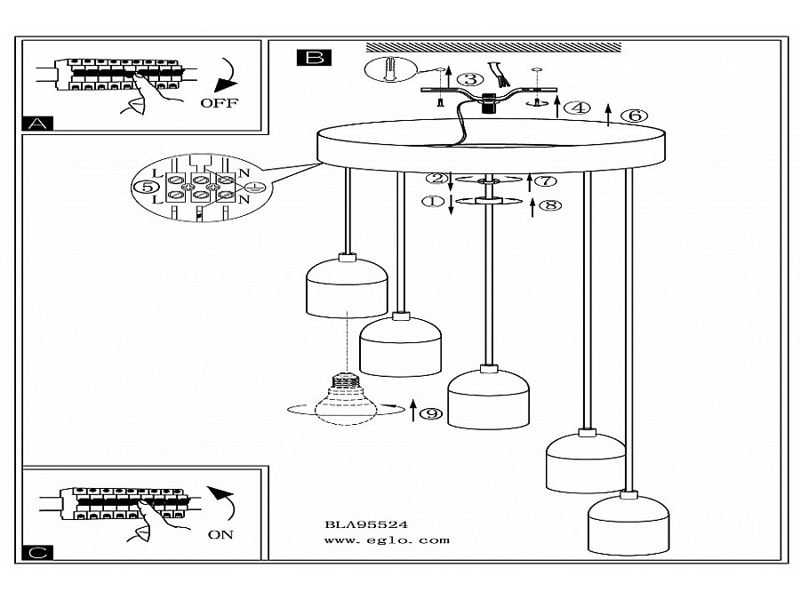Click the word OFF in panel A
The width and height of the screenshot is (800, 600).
[219, 103]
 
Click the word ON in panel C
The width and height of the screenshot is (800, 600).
[220, 535]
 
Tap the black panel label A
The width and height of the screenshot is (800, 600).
[37, 124]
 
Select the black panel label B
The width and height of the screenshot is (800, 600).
[314, 58]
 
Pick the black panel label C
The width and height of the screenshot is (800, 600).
[37, 553]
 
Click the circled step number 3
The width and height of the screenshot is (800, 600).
[470, 80]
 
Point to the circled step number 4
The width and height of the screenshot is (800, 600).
[578, 108]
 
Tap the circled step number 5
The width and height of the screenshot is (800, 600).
[147, 187]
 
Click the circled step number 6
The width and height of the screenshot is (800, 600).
[634, 116]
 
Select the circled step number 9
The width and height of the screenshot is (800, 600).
[431, 412]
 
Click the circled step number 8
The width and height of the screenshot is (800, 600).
[550, 205]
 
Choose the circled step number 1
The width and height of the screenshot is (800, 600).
[434, 202]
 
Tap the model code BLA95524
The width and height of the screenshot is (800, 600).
[366, 524]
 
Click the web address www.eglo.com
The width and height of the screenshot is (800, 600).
[388, 540]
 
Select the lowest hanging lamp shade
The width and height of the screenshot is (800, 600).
[628, 523]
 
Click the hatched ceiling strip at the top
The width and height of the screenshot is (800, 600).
[493, 48]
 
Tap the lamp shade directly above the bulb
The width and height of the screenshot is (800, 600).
[347, 285]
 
